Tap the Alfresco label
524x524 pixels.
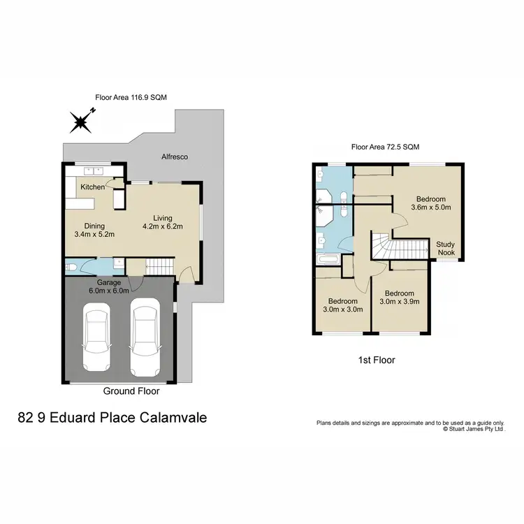click(175, 157)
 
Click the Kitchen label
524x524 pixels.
click(92, 187)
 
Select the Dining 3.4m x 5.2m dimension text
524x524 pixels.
click(94, 230)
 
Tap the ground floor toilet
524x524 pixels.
click(71, 267)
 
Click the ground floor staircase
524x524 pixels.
click(160, 265)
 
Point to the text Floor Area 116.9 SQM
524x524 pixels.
click(131, 98)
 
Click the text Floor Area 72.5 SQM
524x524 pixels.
click(386, 147)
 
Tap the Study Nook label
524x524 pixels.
click(446, 248)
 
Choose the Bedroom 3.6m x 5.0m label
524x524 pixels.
click(429, 203)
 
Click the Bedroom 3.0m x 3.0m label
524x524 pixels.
click(342, 305)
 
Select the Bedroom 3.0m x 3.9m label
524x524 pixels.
click(399, 298)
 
